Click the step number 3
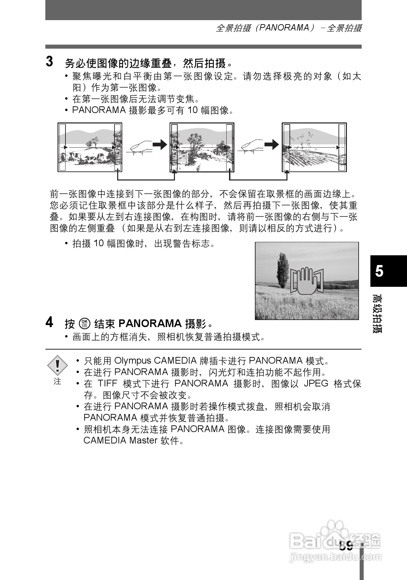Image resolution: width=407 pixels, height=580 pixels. coord(49,62)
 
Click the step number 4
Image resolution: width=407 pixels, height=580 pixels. coord(49,322)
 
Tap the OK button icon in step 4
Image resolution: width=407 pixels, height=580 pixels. coord(84,323)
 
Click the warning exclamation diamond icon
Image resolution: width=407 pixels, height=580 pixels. coord(57,365)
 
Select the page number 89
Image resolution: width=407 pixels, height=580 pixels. coord(346,546)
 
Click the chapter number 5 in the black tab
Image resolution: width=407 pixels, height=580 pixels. coord(379,271)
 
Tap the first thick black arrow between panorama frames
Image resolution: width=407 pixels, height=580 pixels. coord(160,145)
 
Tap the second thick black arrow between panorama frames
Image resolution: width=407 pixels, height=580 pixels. coord(271,145)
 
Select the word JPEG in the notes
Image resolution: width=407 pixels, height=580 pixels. coord(316,383)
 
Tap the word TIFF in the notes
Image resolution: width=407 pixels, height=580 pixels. coord(107,383)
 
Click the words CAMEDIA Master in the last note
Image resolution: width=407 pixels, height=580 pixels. coord(120,440)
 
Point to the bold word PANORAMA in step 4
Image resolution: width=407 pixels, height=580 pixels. coord(150,323)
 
